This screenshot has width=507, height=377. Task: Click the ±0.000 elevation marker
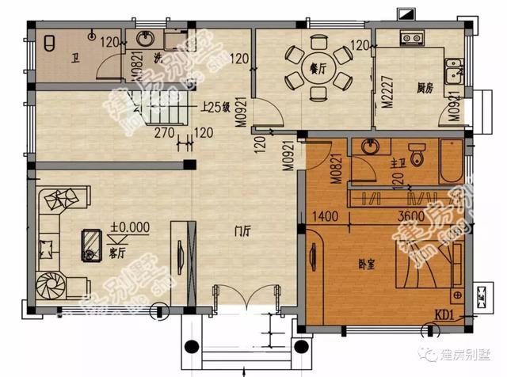[x=130, y=227]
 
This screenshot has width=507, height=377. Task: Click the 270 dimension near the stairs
[x=165, y=131]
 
